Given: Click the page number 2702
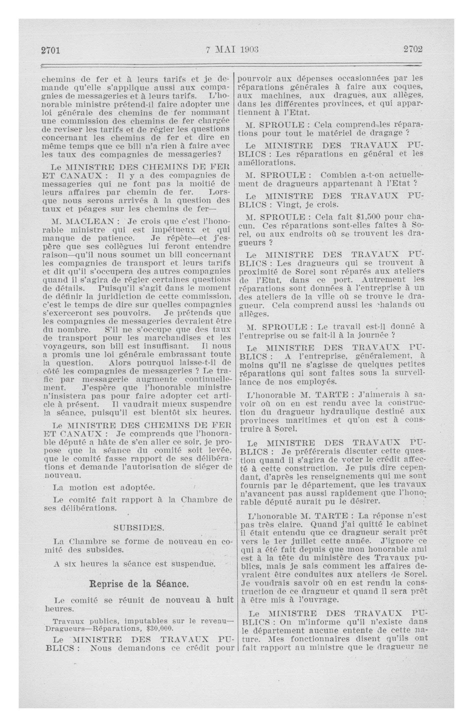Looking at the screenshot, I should (413, 49).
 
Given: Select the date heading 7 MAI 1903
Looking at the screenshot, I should (232, 49).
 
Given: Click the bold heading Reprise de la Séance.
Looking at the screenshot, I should (139, 584).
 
